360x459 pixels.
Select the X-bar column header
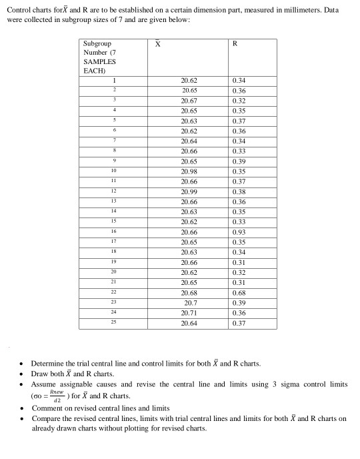point(158,44)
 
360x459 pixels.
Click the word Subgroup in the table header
point(97,44)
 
